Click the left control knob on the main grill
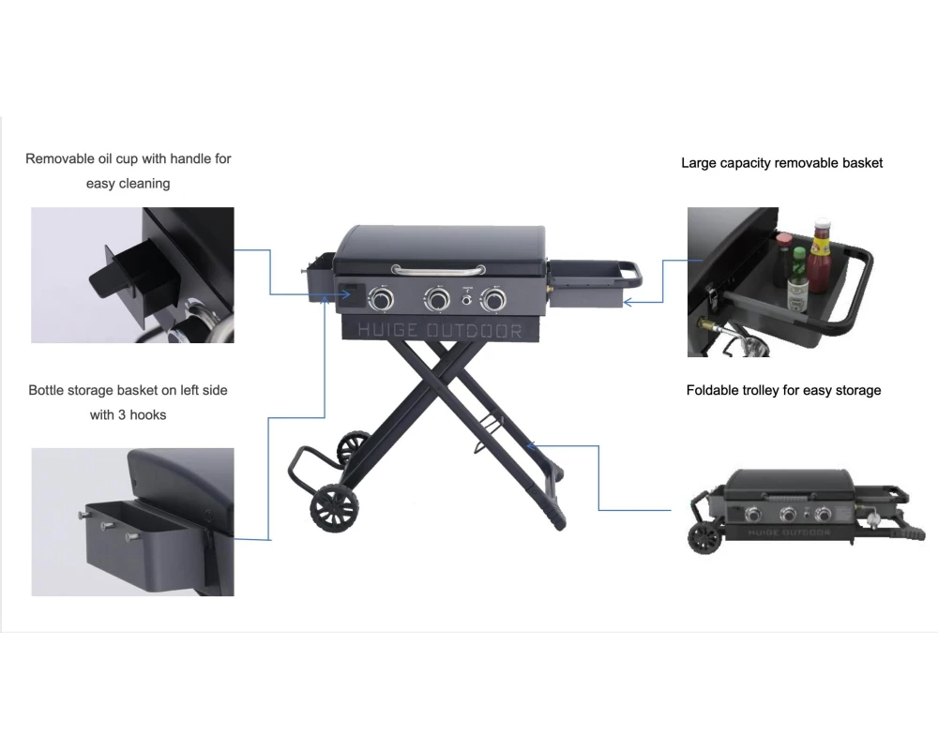381,298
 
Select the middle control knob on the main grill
437,298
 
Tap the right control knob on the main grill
493,298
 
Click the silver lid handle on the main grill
438,271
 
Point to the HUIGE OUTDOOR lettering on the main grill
440,330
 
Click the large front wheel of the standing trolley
335,507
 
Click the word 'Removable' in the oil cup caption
60,158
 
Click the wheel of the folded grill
705,538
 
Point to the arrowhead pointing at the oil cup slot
346,293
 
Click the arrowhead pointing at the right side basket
628,302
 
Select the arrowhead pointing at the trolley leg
531,445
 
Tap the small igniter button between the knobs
466,300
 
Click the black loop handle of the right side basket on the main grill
630,274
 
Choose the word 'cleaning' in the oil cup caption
144,184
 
